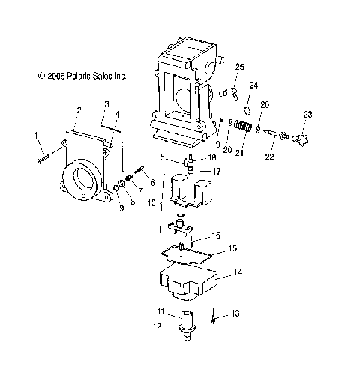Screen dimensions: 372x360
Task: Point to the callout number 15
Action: click(x=232, y=247)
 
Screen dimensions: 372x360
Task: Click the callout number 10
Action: click(x=151, y=202)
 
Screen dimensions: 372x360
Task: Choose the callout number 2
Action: click(x=77, y=110)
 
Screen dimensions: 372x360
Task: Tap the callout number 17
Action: click(x=217, y=172)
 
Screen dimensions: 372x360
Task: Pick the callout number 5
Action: click(x=162, y=157)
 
